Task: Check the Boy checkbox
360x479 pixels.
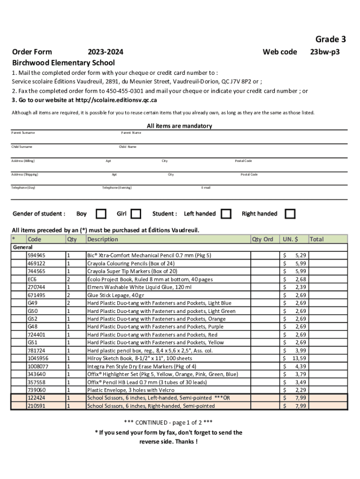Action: (101, 214)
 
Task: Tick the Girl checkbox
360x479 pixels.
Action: (136, 214)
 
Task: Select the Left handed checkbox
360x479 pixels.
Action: (226, 214)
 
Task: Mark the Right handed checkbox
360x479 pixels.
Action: (290, 214)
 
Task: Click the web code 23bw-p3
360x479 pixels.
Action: (325, 52)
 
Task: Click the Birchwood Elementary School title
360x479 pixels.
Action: (63, 63)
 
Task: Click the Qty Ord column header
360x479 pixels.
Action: (263, 239)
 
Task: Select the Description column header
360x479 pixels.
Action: (103, 239)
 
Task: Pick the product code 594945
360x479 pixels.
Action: (36, 255)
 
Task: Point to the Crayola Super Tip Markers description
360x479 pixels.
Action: (132, 271)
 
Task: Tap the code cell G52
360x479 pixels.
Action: (33, 319)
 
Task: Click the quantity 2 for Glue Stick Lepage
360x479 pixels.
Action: (68, 295)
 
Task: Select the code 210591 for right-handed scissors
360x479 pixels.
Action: (36, 406)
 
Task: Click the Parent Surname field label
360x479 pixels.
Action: (23, 133)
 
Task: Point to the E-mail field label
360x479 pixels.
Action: (206, 188)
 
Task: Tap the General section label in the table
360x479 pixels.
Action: (23, 247)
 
